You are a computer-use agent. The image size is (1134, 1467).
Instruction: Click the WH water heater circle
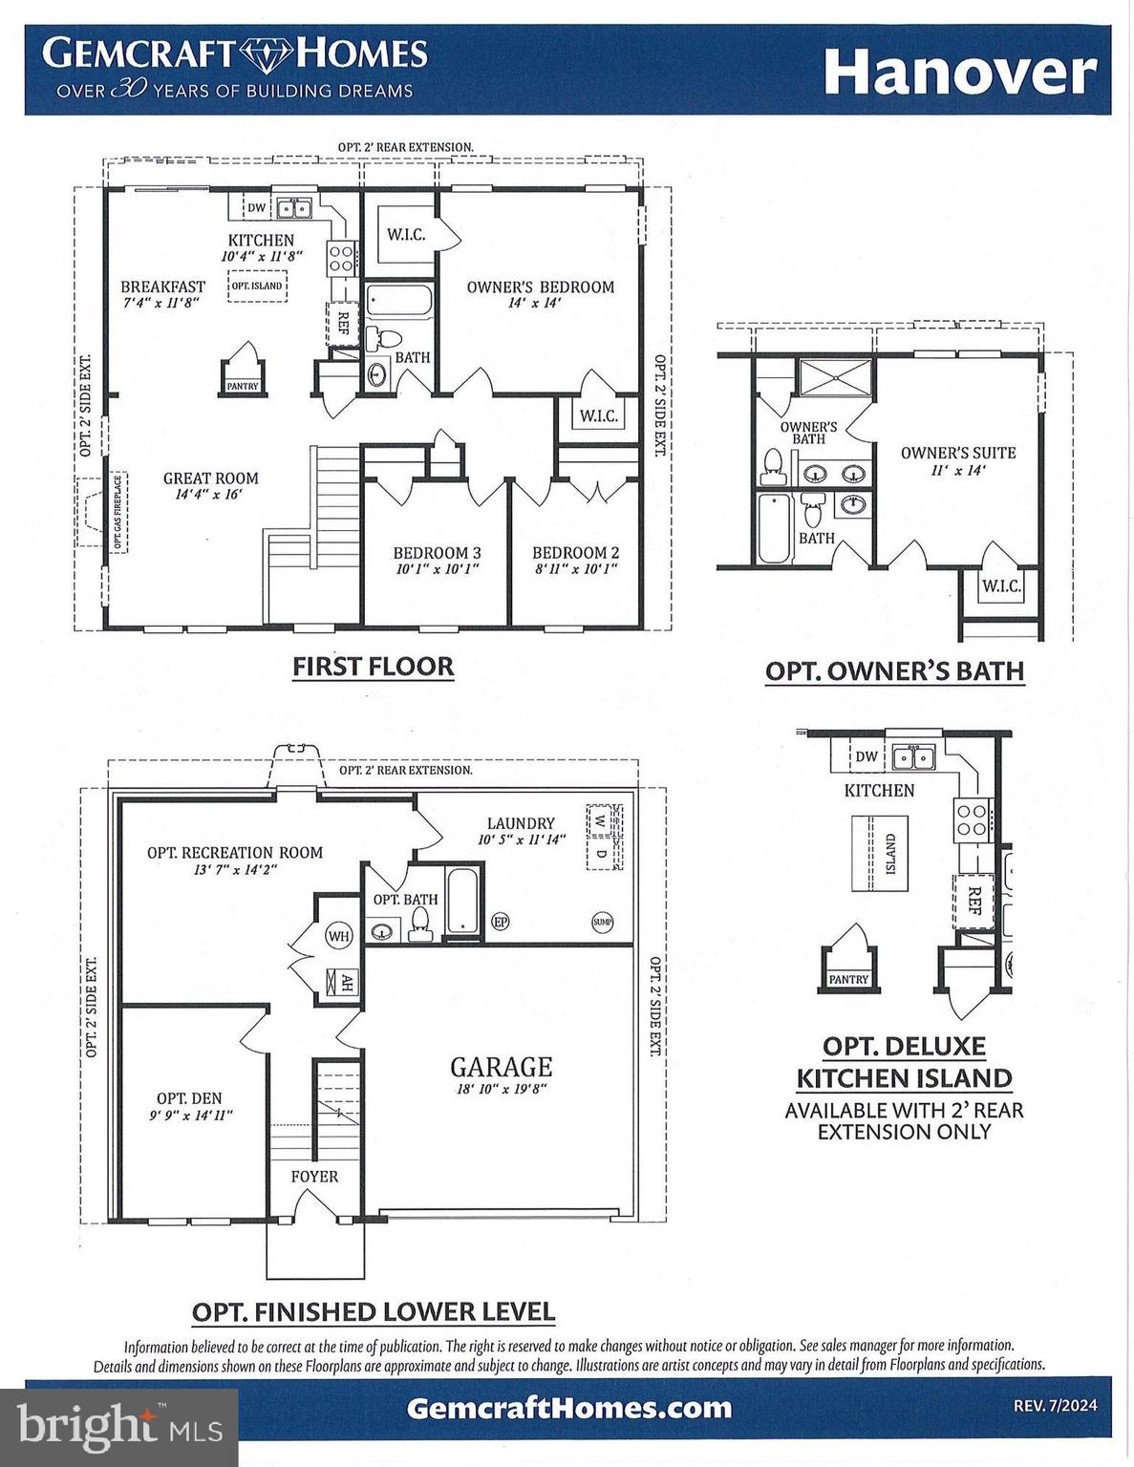tap(339, 936)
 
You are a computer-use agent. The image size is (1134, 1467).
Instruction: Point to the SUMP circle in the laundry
tap(602, 922)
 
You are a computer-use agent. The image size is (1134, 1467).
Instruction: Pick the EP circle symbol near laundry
tap(500, 922)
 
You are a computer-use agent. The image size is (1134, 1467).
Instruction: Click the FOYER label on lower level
tap(314, 1177)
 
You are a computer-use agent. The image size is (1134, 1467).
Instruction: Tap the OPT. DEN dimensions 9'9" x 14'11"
tap(191, 1115)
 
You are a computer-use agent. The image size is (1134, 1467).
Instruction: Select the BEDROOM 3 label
tap(437, 553)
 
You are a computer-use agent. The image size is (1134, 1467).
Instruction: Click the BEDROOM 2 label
tap(575, 553)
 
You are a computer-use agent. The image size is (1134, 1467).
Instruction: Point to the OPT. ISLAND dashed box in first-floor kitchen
tap(257, 286)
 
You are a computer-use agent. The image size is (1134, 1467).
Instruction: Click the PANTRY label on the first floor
tap(243, 386)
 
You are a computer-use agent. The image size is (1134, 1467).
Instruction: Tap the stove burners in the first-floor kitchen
tap(341, 255)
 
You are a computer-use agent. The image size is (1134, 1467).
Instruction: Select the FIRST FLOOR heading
tap(373, 666)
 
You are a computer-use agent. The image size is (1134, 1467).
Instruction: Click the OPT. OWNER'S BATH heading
tap(894, 670)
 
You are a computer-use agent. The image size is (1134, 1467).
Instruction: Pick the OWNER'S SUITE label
tap(958, 453)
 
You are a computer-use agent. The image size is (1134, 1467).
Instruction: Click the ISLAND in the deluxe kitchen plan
tap(880, 853)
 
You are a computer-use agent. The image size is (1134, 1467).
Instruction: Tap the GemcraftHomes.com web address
tap(568, 1408)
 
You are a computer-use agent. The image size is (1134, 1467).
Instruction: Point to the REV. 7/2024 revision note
tap(1055, 1405)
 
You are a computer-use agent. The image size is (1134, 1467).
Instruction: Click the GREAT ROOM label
tap(210, 478)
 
